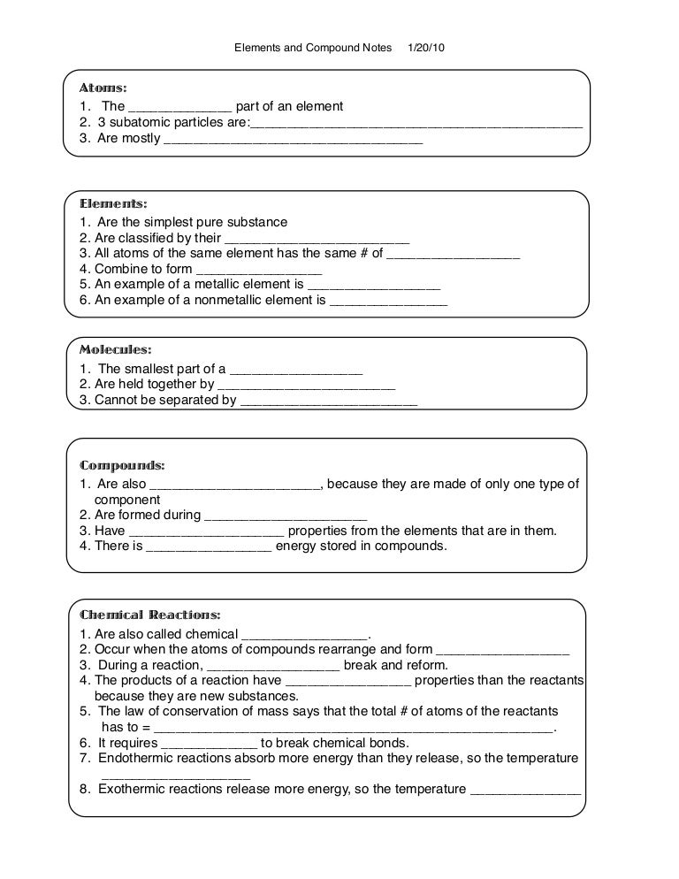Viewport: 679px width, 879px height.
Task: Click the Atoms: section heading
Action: point(103,88)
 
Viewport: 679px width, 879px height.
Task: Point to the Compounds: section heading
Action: point(122,465)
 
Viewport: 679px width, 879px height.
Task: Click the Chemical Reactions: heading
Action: point(150,615)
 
